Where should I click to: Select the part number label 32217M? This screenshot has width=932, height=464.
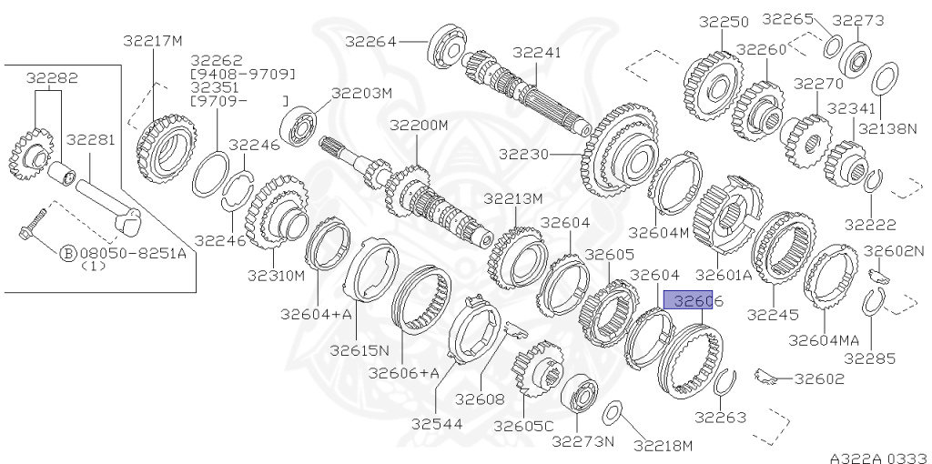(x=153, y=40)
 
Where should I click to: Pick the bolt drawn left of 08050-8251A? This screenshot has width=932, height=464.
(x=33, y=227)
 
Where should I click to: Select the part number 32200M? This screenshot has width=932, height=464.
(x=420, y=125)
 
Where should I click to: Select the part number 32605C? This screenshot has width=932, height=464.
(x=524, y=425)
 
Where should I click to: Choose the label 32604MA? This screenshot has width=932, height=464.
(x=824, y=340)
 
